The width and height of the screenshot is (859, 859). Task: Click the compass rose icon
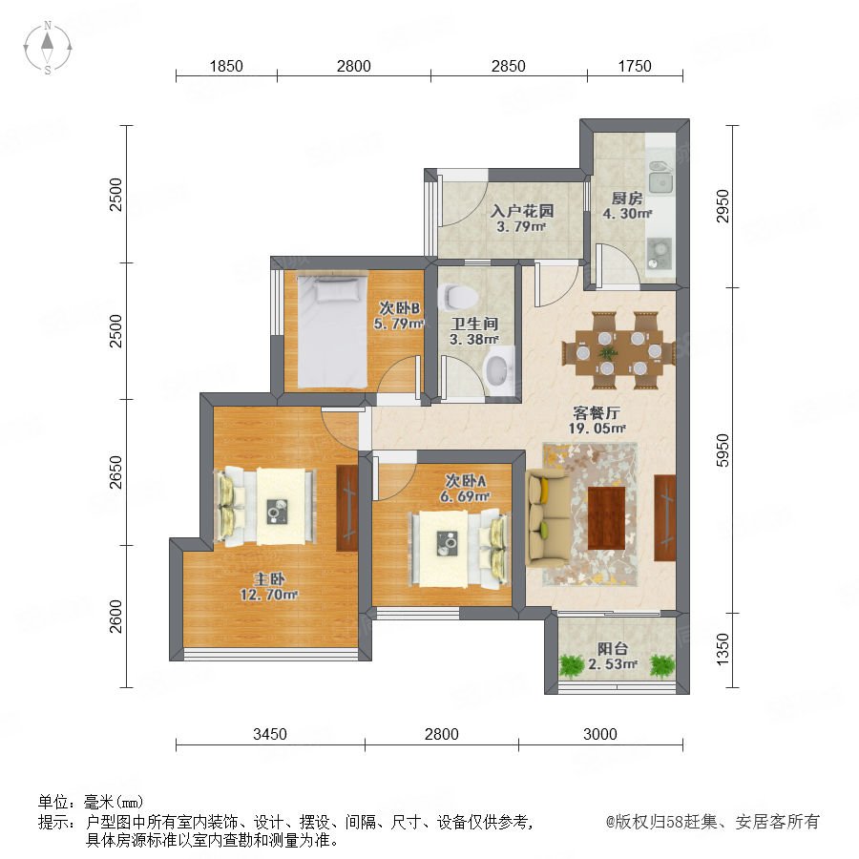[48, 48]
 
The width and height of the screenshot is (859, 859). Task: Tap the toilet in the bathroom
[458, 297]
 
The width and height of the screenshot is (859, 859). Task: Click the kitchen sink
[660, 177]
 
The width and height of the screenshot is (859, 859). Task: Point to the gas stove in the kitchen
[659, 254]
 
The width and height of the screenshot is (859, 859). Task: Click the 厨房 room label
[627, 199]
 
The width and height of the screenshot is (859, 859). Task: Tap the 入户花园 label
[521, 211]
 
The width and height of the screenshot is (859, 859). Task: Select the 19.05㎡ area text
[597, 428]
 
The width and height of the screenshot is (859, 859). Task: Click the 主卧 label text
[269, 579]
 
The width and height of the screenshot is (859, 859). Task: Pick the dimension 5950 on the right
[723, 450]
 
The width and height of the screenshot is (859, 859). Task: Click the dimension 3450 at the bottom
[269, 734]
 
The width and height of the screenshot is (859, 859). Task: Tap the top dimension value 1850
[226, 66]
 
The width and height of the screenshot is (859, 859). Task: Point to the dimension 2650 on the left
[115, 472]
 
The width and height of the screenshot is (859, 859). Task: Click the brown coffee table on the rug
[606, 517]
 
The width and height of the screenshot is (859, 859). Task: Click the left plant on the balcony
[572, 665]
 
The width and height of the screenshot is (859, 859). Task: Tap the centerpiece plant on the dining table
[606, 352]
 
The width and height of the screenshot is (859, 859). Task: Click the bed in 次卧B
[332, 331]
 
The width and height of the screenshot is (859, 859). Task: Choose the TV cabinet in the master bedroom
[346, 508]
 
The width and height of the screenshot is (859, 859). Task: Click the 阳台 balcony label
[612, 649]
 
